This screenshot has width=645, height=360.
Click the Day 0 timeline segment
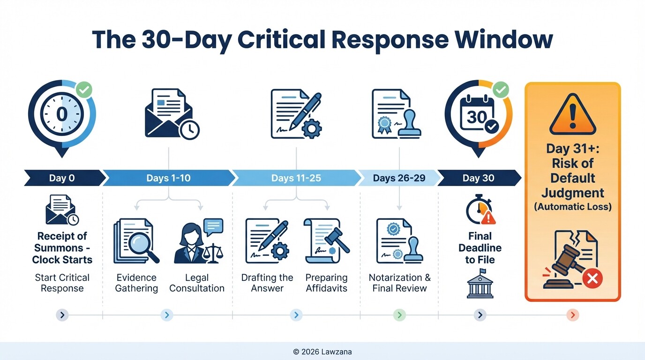point(62,178)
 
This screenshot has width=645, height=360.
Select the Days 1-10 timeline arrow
point(168,178)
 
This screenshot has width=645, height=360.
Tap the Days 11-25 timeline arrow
point(296,178)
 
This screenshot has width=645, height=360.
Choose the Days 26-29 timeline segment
point(398,178)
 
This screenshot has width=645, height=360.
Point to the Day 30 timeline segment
point(478,178)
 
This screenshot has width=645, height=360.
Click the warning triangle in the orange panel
point(572,114)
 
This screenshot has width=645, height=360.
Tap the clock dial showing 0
point(62,114)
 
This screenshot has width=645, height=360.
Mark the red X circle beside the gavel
point(592,279)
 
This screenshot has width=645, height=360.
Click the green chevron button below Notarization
point(399,315)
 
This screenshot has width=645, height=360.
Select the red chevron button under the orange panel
point(573,315)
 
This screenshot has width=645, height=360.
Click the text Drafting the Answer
point(267,283)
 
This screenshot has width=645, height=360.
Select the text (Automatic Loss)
point(572,206)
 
